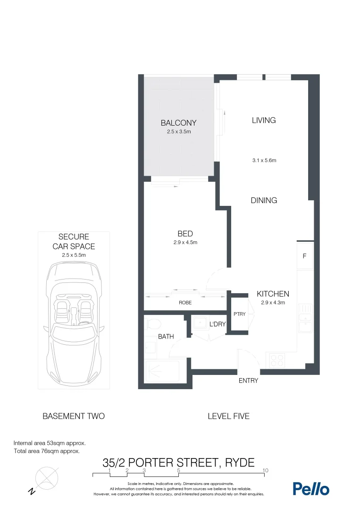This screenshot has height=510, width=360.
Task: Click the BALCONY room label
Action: (178, 123)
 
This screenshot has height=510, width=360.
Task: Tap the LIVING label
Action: (264, 120)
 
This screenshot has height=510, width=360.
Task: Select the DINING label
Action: (264, 200)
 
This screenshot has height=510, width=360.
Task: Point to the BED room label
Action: (185, 234)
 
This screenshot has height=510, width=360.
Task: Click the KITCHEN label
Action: (273, 293)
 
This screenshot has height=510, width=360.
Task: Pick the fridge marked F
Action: (304, 256)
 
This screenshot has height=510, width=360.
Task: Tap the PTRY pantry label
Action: (239, 314)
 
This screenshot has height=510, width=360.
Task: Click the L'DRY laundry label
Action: (218, 324)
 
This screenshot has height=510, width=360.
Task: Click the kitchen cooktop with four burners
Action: (275, 360)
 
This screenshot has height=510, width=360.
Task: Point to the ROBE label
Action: (185, 303)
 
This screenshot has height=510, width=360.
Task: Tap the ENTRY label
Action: (248, 381)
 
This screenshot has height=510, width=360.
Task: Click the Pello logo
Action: (311, 489)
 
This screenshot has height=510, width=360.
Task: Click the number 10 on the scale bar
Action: (266, 470)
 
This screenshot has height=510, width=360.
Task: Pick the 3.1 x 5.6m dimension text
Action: (264, 161)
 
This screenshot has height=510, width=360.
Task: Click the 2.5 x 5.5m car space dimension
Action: (74, 255)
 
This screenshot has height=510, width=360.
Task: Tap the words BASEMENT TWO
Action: (74, 416)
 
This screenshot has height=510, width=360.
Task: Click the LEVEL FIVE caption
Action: (228, 416)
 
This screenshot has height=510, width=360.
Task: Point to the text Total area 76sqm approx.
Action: (47, 451)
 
